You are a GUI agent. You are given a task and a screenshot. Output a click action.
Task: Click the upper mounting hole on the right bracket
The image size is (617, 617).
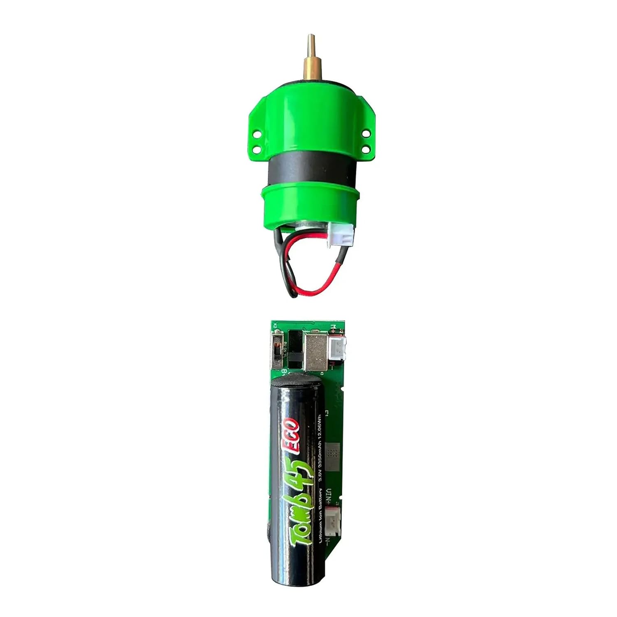pos(365,133)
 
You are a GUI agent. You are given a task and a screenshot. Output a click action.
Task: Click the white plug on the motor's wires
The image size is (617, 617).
pos(341,235)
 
